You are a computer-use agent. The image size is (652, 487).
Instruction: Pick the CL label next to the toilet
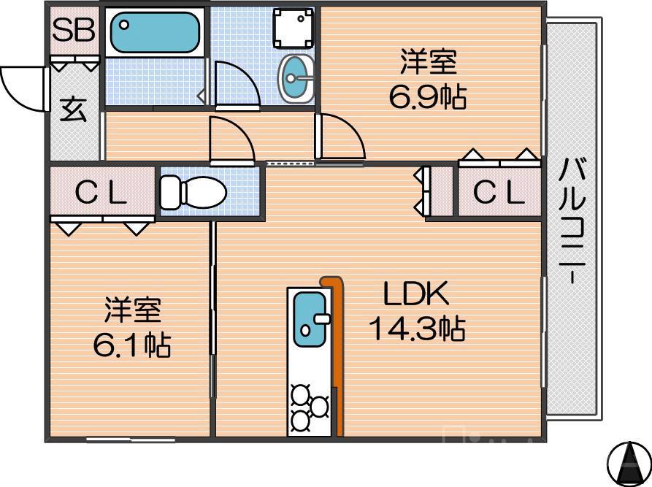(102, 193)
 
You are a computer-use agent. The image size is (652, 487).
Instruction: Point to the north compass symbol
(628, 461)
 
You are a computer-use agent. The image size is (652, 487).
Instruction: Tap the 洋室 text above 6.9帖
(428, 63)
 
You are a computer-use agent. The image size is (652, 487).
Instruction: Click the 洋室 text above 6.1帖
(132, 310)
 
